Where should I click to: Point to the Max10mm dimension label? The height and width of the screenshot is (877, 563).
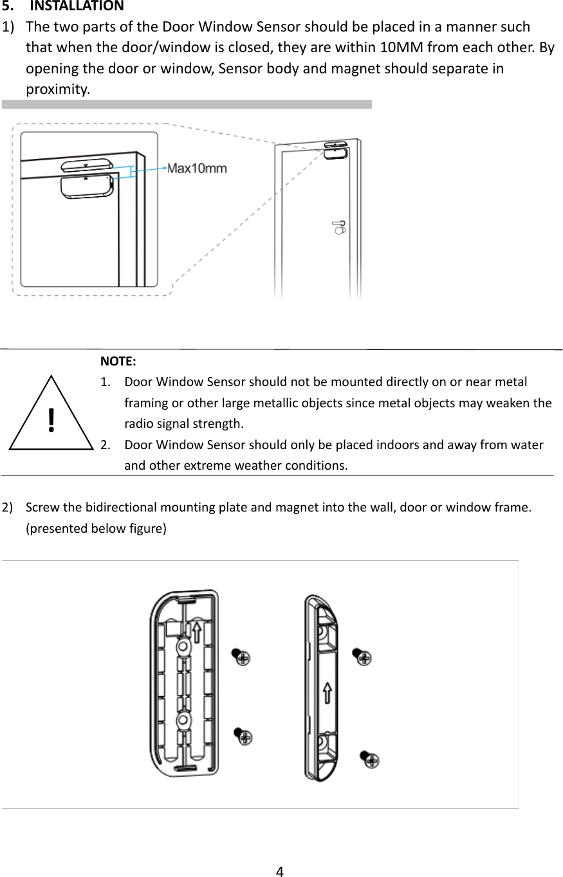coord(197,169)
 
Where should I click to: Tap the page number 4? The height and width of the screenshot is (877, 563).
coord(279,872)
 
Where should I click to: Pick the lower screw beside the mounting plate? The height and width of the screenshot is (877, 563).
coord(243,736)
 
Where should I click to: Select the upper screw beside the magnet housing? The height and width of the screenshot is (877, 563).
coord(362,657)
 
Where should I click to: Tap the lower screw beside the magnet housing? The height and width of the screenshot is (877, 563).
coord(370,759)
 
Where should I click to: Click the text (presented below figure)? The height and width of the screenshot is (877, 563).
coord(95,529)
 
